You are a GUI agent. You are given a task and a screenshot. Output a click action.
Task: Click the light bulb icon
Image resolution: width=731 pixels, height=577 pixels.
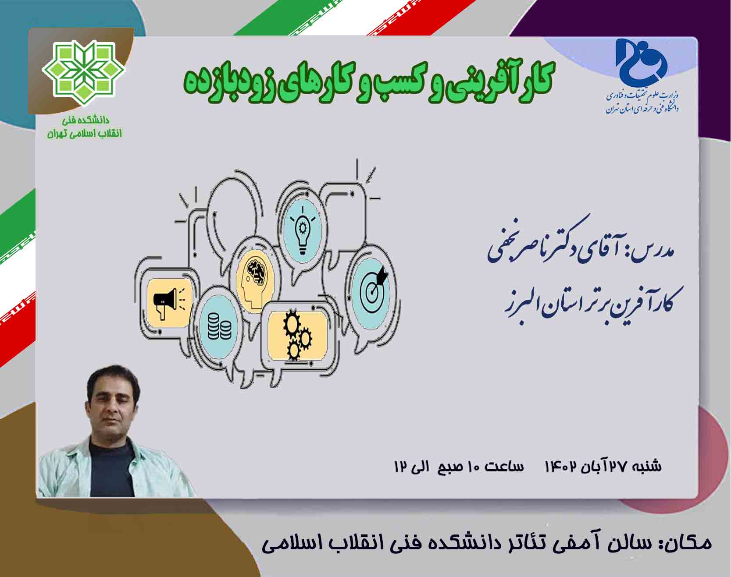tap(302, 231)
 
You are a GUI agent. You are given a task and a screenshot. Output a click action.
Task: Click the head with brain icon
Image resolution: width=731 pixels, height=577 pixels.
tap(254, 280)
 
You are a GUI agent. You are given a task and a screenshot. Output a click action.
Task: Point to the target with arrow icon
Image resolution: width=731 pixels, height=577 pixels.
tap(373, 287)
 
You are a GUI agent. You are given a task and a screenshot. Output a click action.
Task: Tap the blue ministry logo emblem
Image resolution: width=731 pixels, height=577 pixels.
tap(642, 60)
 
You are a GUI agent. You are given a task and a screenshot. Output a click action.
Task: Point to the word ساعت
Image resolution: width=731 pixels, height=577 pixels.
tap(504, 466)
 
